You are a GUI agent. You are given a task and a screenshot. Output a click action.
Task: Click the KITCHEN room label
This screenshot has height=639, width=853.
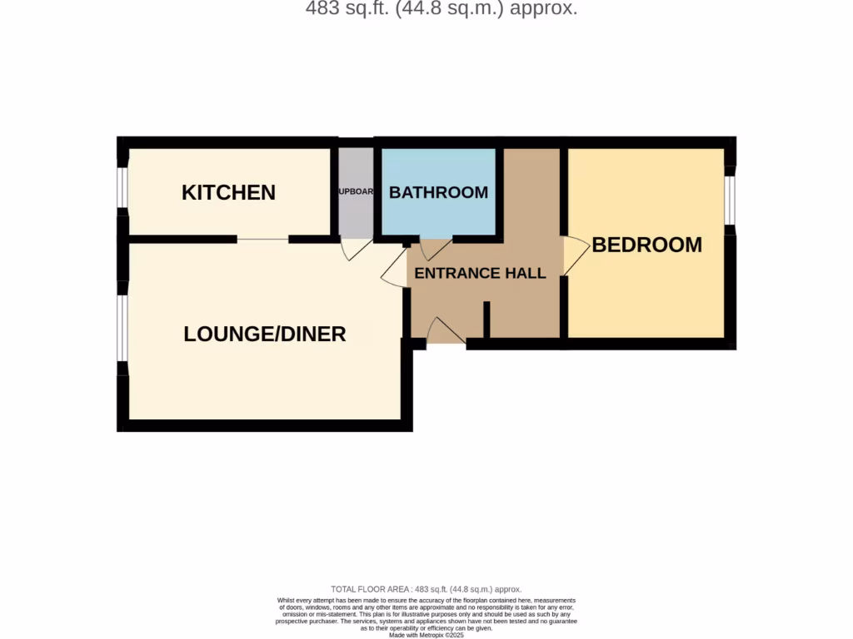click(228, 192)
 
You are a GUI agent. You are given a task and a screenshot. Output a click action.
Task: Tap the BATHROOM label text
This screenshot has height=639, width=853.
click(438, 192)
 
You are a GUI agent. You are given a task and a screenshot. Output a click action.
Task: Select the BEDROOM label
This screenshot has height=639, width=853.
click(646, 245)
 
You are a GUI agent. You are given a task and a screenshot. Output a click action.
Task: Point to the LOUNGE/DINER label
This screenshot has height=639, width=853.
click(264, 334)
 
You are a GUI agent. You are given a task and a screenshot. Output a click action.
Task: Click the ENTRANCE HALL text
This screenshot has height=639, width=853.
click(480, 273)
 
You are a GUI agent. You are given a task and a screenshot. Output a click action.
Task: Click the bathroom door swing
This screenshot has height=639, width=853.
click(435, 248)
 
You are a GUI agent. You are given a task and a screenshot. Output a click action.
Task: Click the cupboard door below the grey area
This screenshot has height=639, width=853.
click(357, 248)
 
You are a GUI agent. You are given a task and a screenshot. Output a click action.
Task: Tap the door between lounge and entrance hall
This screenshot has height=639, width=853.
click(395, 271)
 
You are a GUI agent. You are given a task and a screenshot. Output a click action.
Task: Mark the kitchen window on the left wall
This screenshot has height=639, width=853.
click(122, 187)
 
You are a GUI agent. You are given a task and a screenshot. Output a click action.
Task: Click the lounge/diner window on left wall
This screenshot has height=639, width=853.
click(122, 328)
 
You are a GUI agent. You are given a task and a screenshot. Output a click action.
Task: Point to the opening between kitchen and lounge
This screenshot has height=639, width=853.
click(262, 240)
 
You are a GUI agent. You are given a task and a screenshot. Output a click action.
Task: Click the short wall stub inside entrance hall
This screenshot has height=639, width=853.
click(486, 319)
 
